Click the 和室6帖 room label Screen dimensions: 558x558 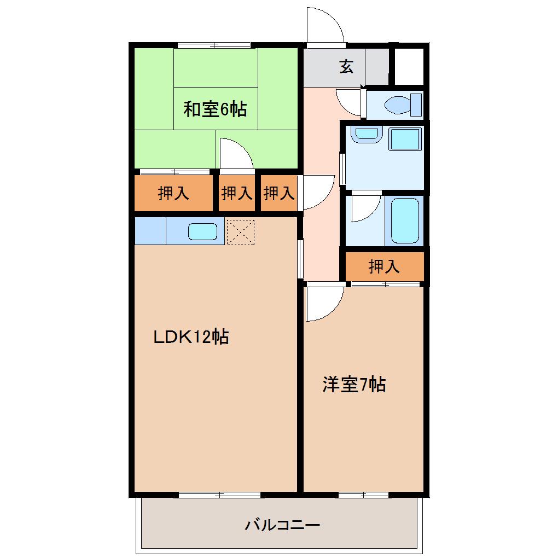(x=215, y=109)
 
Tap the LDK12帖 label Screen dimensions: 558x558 (x=191, y=336)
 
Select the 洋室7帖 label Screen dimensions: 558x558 (x=354, y=385)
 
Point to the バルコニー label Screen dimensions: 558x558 (x=283, y=525)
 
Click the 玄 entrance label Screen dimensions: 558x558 (x=346, y=67)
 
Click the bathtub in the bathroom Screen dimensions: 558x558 (x=405, y=220)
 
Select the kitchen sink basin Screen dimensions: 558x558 (x=202, y=231)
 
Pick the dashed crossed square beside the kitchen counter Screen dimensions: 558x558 (x=241, y=232)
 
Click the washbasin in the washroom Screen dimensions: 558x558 (x=367, y=134)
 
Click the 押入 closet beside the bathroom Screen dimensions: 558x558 (x=385, y=266)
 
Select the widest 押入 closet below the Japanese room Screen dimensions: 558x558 (x=173, y=193)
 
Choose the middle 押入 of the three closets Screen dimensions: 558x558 (x=237, y=193)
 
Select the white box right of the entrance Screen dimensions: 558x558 (x=409, y=67)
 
